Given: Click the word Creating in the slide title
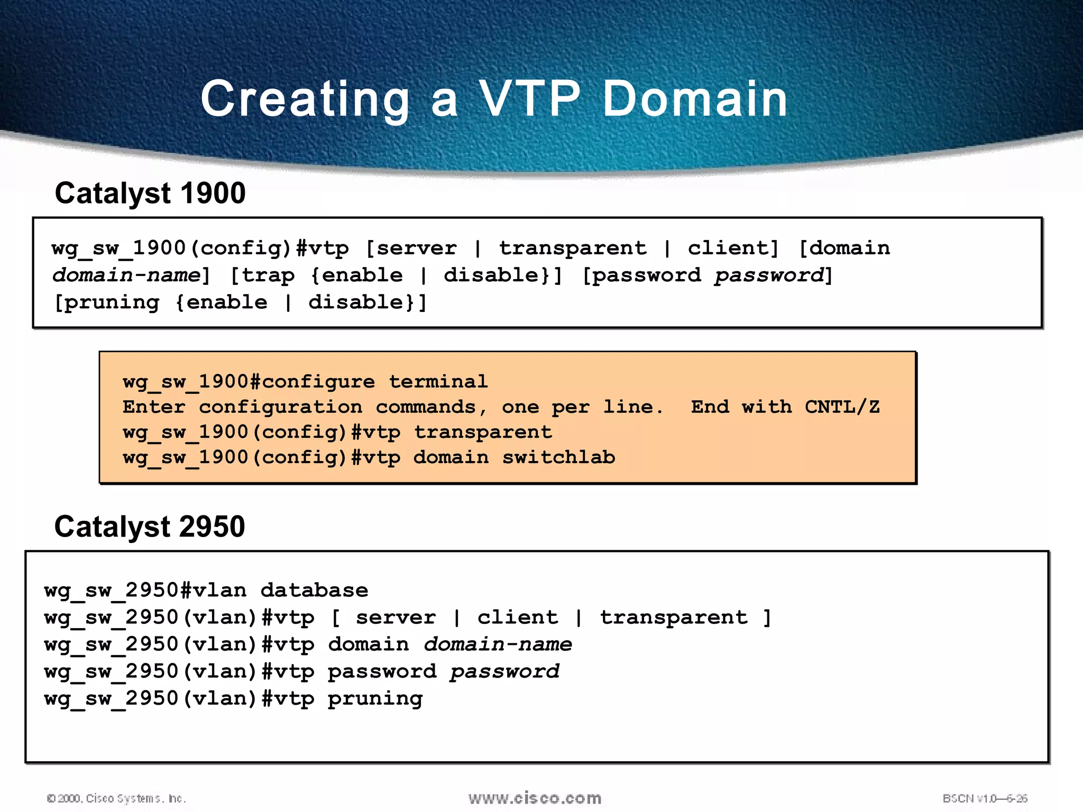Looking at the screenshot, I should (x=305, y=99).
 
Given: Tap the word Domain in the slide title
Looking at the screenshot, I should (x=695, y=99).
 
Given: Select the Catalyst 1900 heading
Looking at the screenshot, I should (x=150, y=193).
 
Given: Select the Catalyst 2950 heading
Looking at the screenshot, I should (x=150, y=527).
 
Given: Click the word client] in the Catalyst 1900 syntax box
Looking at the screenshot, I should (x=733, y=248).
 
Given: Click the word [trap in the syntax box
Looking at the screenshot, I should (x=263, y=275).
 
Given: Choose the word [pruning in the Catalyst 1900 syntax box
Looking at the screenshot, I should (x=107, y=302).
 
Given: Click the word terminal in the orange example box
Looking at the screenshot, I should (x=438, y=382).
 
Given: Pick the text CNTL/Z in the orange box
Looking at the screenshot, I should (x=842, y=407).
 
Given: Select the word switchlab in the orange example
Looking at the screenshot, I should (x=558, y=457).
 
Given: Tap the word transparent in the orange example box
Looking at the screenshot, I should (x=483, y=432).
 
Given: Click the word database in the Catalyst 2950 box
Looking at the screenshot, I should (x=314, y=590).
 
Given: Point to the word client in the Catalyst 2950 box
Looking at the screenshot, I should (x=517, y=617).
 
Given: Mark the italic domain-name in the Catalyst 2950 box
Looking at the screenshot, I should (x=498, y=644).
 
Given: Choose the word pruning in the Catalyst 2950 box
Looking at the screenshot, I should (x=375, y=699).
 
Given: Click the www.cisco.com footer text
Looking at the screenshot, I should (x=535, y=798).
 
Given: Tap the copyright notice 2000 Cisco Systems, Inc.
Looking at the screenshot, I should (x=116, y=798).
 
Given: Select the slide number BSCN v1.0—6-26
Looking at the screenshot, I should (x=985, y=798).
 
